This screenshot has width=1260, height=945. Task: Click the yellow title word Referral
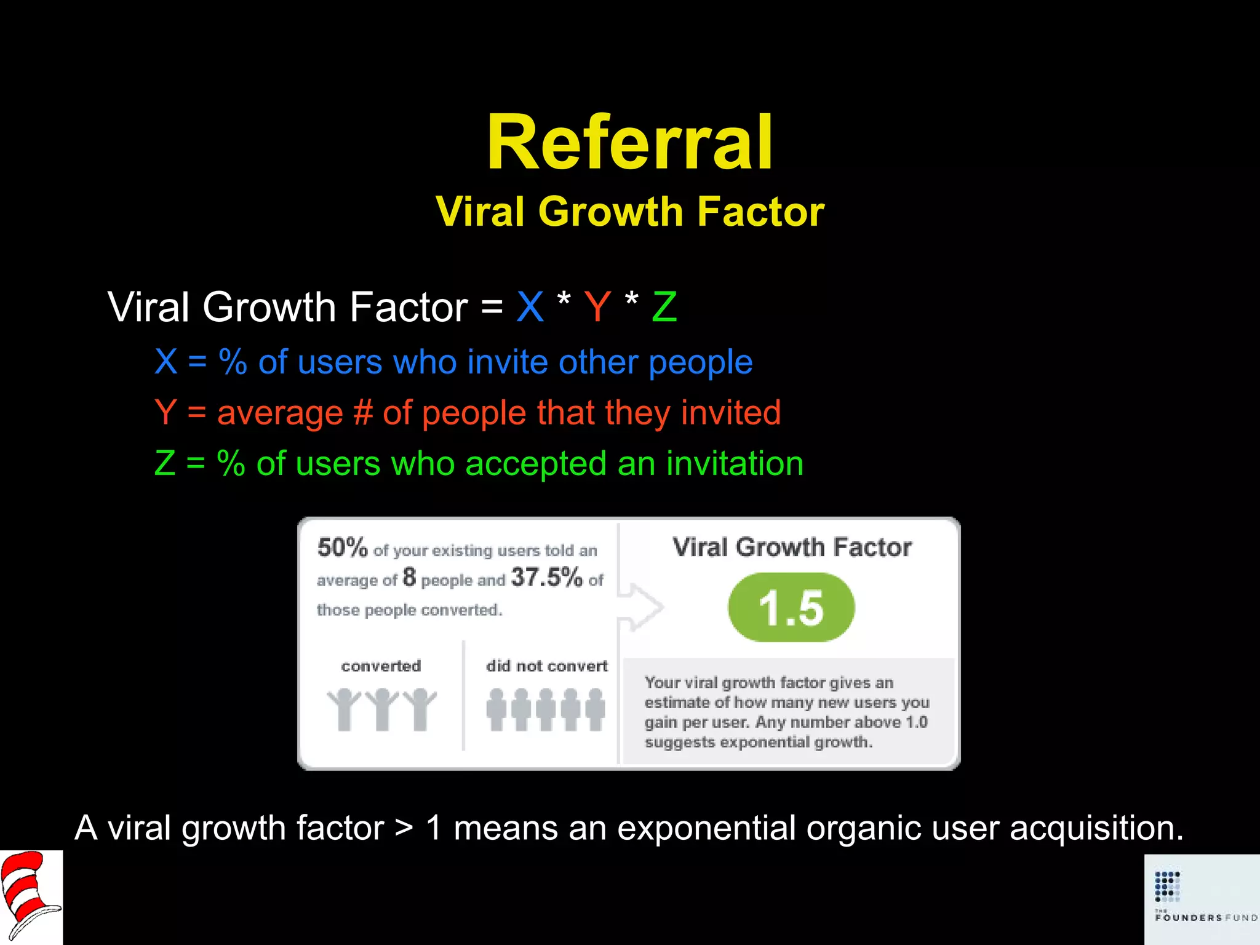click(x=629, y=143)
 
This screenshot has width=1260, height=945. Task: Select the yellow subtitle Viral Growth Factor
click(x=629, y=212)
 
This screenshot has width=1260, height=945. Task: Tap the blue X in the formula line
click(x=530, y=306)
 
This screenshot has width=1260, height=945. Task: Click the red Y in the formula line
click(x=597, y=306)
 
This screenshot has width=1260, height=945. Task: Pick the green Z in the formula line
click(x=664, y=306)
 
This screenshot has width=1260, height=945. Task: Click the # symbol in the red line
click(x=363, y=412)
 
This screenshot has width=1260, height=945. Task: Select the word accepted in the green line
click(x=535, y=463)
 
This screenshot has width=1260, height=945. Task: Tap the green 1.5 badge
click(x=791, y=608)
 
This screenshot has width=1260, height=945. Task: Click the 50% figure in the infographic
click(x=343, y=547)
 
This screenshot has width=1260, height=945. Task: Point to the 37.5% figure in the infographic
click(x=546, y=577)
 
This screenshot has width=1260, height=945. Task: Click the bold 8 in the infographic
click(x=409, y=577)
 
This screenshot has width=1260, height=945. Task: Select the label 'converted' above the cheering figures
click(x=381, y=666)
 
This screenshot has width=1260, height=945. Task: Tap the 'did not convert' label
click(x=546, y=666)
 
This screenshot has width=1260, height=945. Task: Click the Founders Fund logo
click(x=1202, y=899)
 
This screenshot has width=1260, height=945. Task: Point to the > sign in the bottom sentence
click(x=404, y=828)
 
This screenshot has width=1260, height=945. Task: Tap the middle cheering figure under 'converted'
click(x=382, y=709)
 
